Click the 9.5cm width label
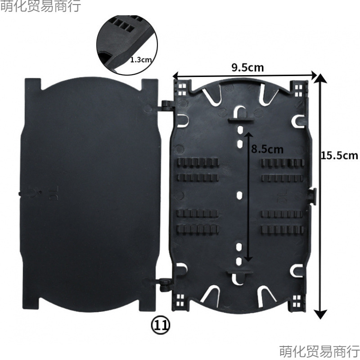point(247,67)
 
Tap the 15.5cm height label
point(339,155)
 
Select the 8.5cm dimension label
point(267,148)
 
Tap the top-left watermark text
point(40,6)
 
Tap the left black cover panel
point(90,193)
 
